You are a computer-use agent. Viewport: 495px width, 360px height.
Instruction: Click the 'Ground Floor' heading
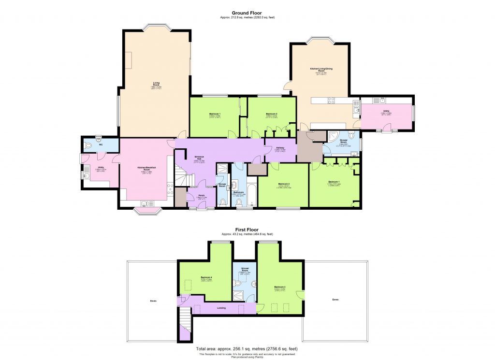click(247, 14)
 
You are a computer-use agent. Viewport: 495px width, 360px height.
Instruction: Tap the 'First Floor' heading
click(247, 230)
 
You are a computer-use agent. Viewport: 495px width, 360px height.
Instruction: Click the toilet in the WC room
click(88, 144)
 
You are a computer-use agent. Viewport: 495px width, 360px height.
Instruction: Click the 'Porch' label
click(202, 195)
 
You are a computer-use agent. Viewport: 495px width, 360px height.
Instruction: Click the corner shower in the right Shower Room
click(334, 136)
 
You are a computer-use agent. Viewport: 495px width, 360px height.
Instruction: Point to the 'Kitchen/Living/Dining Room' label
click(321, 70)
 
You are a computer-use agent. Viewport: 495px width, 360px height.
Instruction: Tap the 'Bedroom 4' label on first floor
click(207, 277)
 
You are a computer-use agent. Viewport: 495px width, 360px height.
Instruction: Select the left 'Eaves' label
click(153, 301)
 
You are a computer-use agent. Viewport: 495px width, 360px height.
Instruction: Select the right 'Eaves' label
click(335, 300)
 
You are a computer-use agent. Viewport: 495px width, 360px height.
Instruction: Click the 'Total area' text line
click(247, 348)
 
